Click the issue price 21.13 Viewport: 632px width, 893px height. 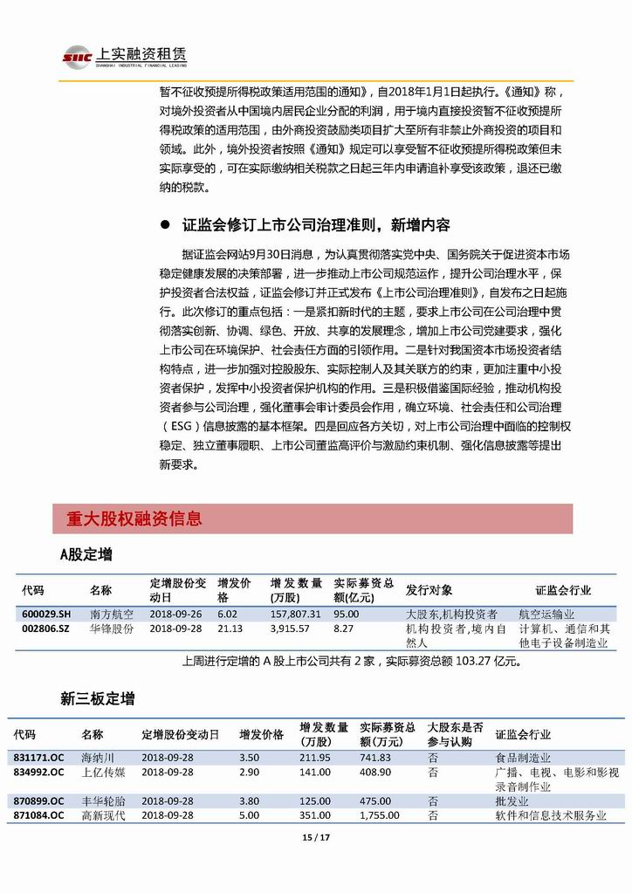[x=230, y=628]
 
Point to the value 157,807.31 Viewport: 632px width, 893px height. [x=296, y=614]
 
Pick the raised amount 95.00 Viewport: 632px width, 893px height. [x=347, y=614]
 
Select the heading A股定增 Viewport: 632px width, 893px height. [x=86, y=554]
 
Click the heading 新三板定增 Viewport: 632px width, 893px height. [x=97, y=698]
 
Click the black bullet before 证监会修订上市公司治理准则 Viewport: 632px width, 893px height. [x=164, y=225]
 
